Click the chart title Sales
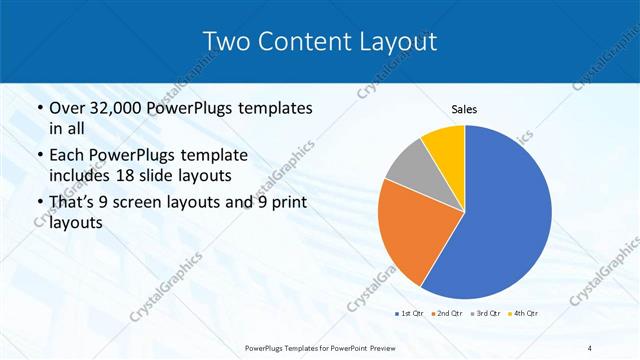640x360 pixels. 464,108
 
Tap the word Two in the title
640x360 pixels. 225,41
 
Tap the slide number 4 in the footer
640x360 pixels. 590,347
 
